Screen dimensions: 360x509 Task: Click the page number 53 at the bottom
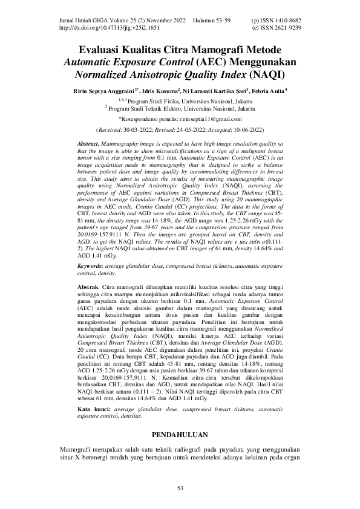(180, 488)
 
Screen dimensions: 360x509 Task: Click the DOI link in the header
(110, 28)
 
